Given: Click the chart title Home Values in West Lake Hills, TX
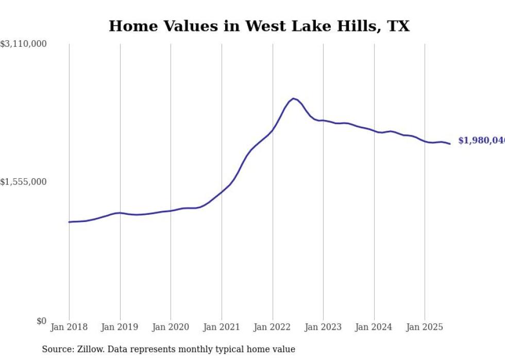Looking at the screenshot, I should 259,26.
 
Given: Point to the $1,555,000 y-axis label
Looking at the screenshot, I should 24,182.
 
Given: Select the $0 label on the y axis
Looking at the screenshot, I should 41,321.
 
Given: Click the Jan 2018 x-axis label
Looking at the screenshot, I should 69,327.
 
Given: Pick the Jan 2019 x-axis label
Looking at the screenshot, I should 120,327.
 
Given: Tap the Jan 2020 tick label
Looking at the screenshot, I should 171,327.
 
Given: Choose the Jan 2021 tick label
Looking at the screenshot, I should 222,327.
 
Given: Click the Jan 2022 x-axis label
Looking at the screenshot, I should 272,327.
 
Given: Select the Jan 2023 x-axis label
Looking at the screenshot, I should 323,327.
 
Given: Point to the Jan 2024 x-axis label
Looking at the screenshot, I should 374,327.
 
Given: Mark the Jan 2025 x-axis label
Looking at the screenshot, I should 425,327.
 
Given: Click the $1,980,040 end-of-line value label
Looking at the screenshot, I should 481,141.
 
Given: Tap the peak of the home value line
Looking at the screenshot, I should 293,98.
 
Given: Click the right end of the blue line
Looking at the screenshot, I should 450,144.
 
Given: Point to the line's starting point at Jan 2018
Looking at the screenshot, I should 69,222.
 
